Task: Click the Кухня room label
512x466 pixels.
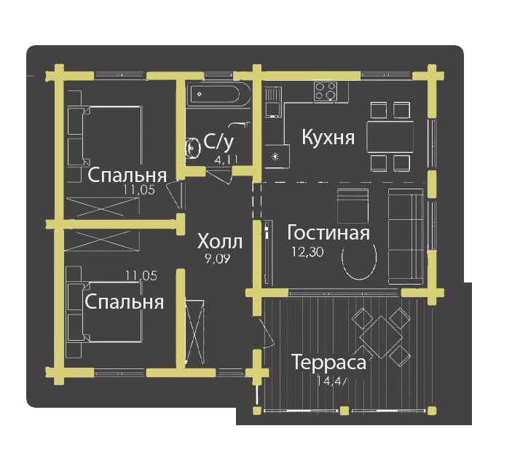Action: click(328, 138)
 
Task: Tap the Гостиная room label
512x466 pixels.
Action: click(328, 233)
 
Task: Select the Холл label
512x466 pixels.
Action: click(220, 241)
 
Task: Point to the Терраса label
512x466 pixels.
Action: click(328, 362)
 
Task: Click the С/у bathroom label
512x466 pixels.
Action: click(218, 141)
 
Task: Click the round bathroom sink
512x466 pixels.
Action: click(194, 148)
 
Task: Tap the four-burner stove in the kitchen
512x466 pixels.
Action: click(326, 91)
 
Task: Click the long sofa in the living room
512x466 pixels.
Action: click(405, 236)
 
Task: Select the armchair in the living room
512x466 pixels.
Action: click(354, 207)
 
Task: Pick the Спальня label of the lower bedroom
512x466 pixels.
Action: click(124, 301)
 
